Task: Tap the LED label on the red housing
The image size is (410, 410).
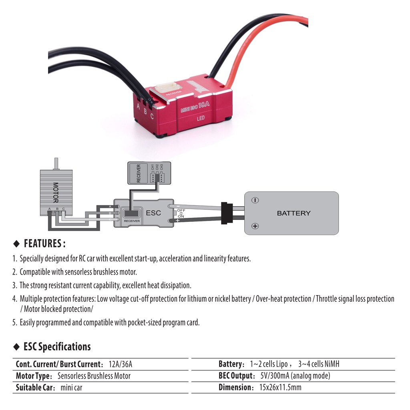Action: click(x=201, y=119)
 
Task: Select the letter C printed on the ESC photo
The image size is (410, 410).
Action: click(x=152, y=117)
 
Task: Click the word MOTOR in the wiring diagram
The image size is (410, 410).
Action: click(x=56, y=193)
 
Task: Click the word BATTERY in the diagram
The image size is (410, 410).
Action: click(x=293, y=213)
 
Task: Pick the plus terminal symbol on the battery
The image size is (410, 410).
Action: click(x=255, y=227)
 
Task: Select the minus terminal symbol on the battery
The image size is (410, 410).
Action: click(x=255, y=200)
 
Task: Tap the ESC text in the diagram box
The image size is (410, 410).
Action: click(x=153, y=213)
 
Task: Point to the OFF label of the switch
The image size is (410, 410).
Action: click(x=181, y=210)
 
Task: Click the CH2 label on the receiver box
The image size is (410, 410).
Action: click(x=157, y=167)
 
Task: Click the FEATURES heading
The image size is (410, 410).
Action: click(x=44, y=243)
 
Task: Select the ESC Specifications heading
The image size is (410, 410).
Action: click(x=57, y=346)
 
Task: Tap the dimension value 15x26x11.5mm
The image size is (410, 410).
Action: click(x=280, y=388)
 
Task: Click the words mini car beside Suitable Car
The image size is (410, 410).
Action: click(x=71, y=388)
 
